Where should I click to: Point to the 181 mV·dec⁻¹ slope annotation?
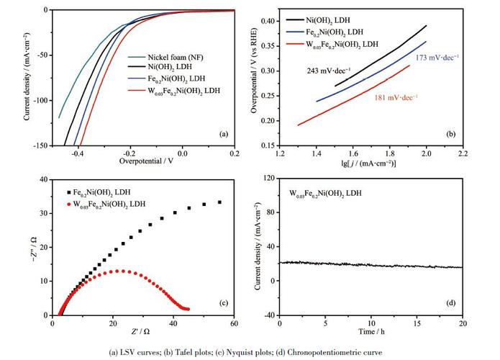(x=396, y=96)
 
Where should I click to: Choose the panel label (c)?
(x=224, y=304)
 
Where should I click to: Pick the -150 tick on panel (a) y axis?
(x=36, y=145)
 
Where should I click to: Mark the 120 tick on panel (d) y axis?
(x=267, y=177)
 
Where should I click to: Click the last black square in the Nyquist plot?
(x=219, y=202)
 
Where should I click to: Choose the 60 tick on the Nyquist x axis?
(x=234, y=323)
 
